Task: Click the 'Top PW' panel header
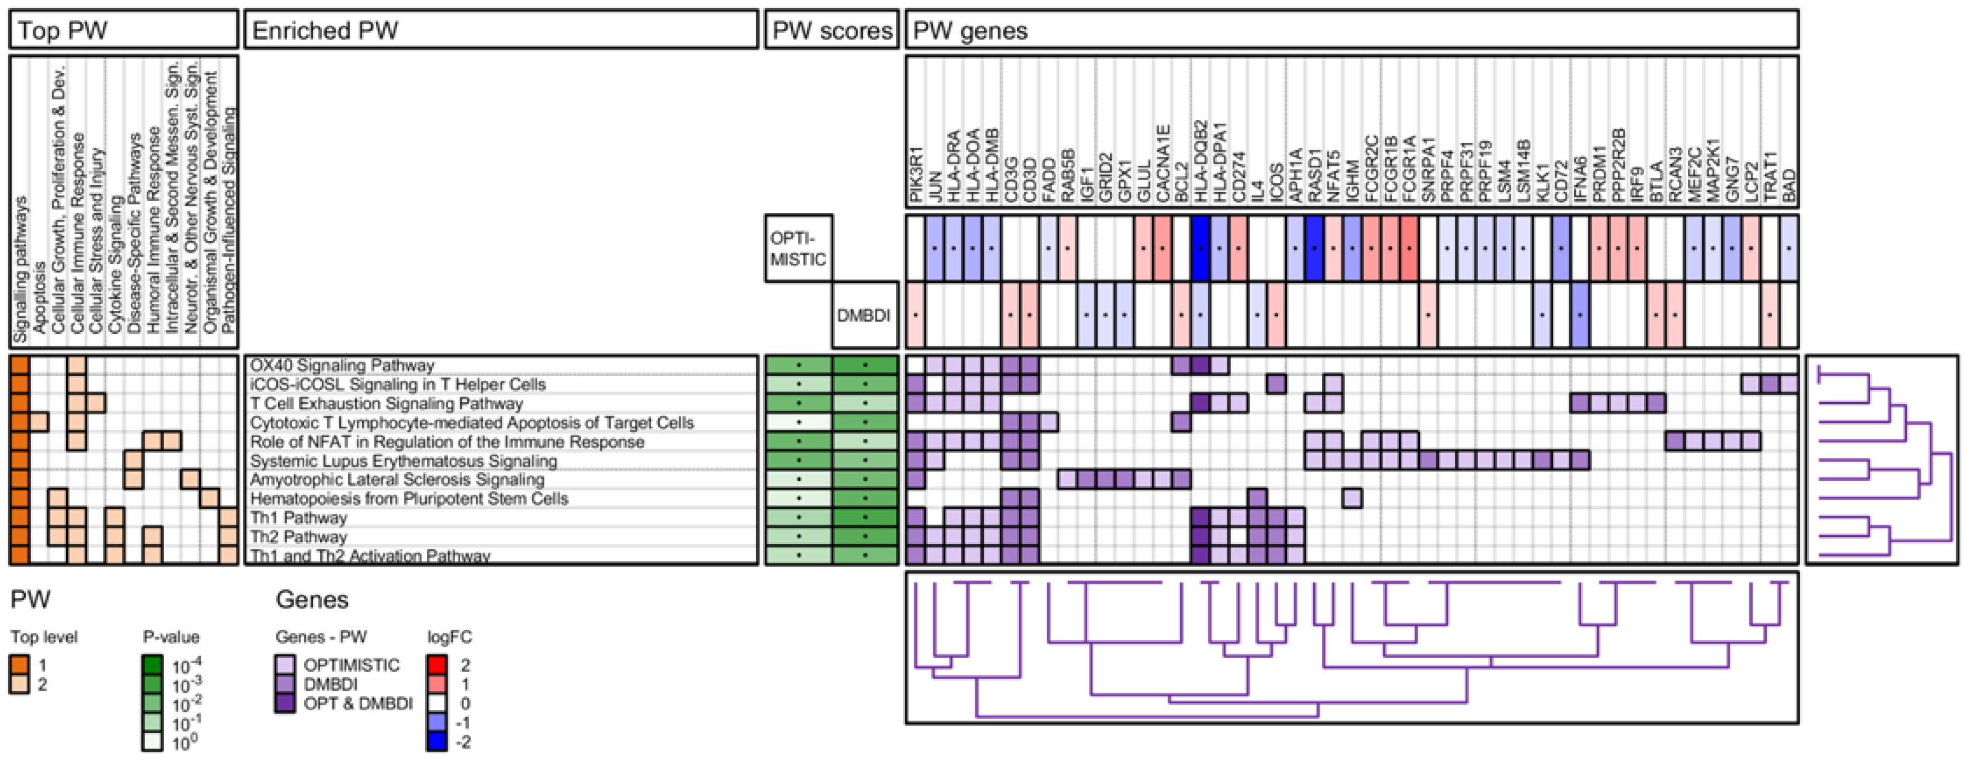click(62, 31)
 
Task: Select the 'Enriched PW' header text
click(326, 31)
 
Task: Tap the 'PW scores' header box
click(832, 31)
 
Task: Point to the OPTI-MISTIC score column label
click(798, 249)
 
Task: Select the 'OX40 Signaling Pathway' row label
click(342, 365)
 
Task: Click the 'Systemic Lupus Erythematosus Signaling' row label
click(403, 461)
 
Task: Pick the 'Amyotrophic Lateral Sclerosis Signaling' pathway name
click(397, 480)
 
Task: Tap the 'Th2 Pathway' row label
click(299, 536)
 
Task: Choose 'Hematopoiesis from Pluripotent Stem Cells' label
click(409, 499)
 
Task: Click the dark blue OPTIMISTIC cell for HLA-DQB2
click(1200, 248)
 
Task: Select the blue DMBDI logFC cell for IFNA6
click(1580, 315)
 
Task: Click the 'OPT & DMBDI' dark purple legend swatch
click(285, 703)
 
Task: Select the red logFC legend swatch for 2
click(437, 665)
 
